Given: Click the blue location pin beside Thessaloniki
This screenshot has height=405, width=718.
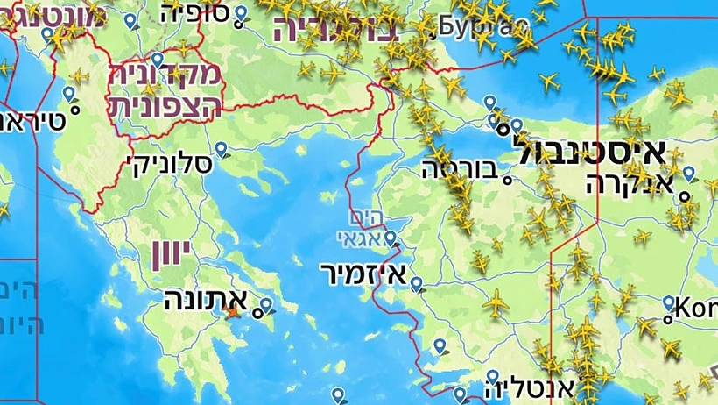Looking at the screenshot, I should (x=222, y=150).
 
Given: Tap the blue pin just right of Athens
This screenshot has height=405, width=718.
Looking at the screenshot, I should (x=265, y=305).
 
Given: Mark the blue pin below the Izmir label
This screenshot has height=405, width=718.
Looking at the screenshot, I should (x=417, y=283).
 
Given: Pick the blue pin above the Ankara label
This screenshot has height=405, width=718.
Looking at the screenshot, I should (x=689, y=174).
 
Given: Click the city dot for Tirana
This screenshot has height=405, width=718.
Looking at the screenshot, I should (x=74, y=110).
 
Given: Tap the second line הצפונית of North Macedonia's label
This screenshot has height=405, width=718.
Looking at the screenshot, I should (x=165, y=103).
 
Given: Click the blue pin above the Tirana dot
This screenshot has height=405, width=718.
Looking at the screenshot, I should (x=68, y=93).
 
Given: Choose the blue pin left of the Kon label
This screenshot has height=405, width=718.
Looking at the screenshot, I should (x=669, y=303).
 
